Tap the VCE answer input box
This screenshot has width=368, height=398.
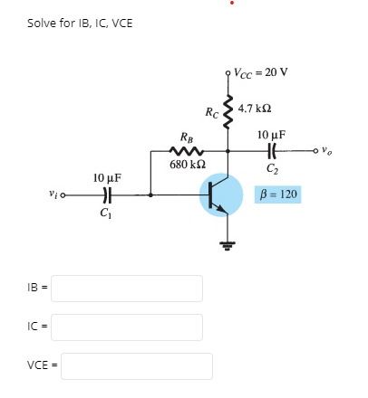pyautogui.click(x=136, y=366)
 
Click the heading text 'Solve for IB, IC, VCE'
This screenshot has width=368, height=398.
pyautogui.click(x=80, y=23)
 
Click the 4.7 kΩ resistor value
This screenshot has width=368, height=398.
pyautogui.click(x=256, y=108)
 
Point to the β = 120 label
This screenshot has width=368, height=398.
pyautogui.click(x=279, y=194)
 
